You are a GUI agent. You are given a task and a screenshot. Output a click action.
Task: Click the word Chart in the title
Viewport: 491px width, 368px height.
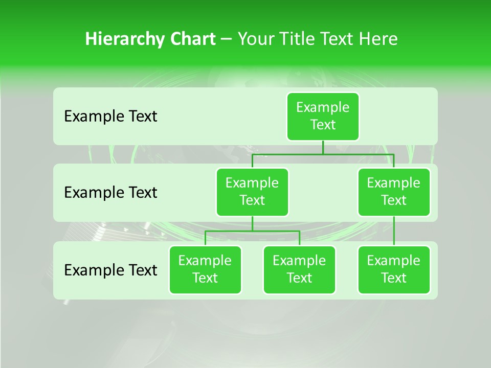[x=195, y=39]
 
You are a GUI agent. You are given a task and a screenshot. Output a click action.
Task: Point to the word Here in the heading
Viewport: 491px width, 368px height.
[x=378, y=39]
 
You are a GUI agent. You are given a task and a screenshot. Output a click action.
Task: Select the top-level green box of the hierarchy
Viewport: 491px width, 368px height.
[x=323, y=116]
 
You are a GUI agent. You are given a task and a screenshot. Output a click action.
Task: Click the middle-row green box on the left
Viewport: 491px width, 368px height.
[x=252, y=192]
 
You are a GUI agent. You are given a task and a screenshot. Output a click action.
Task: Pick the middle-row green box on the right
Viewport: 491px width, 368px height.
[x=394, y=192]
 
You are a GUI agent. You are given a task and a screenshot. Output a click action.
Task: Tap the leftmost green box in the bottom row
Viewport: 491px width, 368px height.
[x=205, y=269]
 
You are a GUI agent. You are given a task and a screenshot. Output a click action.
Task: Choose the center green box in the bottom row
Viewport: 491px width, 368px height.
[x=299, y=269]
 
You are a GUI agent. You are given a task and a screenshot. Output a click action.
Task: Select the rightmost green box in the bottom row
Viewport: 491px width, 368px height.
[x=394, y=269]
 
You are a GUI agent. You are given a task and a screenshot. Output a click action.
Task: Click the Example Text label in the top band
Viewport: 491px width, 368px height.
[x=110, y=117]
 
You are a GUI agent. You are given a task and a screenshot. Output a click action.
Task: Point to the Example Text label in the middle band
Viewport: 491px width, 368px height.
[x=110, y=193]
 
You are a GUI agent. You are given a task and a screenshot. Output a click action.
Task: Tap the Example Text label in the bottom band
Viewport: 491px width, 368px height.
[x=110, y=270]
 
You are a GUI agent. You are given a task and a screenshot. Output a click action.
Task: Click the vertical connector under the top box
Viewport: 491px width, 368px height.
[x=323, y=147]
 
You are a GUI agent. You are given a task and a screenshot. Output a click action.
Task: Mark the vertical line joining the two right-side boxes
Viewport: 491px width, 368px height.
[x=394, y=231]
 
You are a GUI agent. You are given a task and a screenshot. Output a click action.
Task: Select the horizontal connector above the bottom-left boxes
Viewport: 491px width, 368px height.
[x=252, y=231]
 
